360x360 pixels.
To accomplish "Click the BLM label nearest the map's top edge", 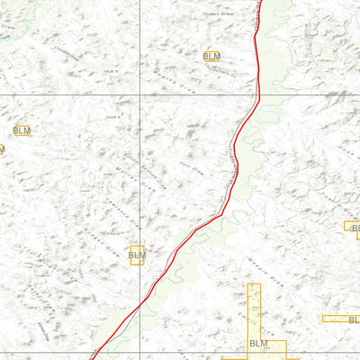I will (211, 56).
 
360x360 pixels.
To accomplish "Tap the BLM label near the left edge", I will (22, 130).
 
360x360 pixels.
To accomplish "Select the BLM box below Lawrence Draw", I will (137, 256).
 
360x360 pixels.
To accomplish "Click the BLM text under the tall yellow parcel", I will (258, 344).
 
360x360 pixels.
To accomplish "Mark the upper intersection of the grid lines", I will (139, 94).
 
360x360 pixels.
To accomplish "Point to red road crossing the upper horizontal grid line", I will (258, 94).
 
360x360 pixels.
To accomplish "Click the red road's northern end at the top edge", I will (260, 2).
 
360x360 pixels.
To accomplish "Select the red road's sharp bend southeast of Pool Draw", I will (219, 215).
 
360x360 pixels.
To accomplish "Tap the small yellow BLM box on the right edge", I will (351, 229).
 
